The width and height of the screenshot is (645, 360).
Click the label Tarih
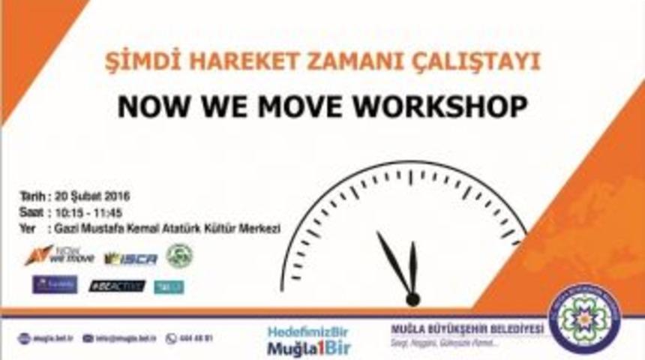[x=33, y=197]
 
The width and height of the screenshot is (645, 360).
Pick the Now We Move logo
[x=59, y=256]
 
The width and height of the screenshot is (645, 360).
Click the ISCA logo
[x=130, y=259]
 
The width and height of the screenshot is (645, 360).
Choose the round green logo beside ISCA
[x=179, y=256]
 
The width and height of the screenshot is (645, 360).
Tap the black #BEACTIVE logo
[x=116, y=286]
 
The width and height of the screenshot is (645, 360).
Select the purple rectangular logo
[x=55, y=285]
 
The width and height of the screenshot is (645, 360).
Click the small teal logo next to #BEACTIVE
[x=169, y=286]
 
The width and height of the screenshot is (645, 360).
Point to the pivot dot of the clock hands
[x=412, y=299]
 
